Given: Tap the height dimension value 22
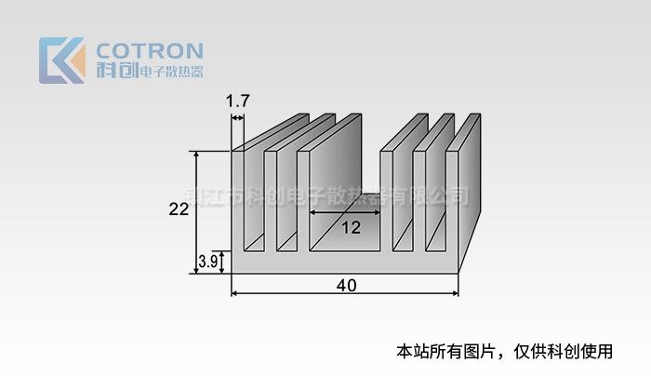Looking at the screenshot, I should [179, 209].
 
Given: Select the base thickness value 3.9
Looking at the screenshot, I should [208, 262].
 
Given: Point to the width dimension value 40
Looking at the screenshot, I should [346, 285].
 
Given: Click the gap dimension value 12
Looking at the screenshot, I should [351, 227].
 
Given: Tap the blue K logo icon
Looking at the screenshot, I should [61, 61].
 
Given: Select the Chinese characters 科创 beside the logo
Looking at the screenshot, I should [116, 71].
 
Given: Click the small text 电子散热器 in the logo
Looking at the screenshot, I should [170, 72].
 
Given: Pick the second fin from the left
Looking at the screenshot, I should [270, 200].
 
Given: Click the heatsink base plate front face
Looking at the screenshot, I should [344, 262].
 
